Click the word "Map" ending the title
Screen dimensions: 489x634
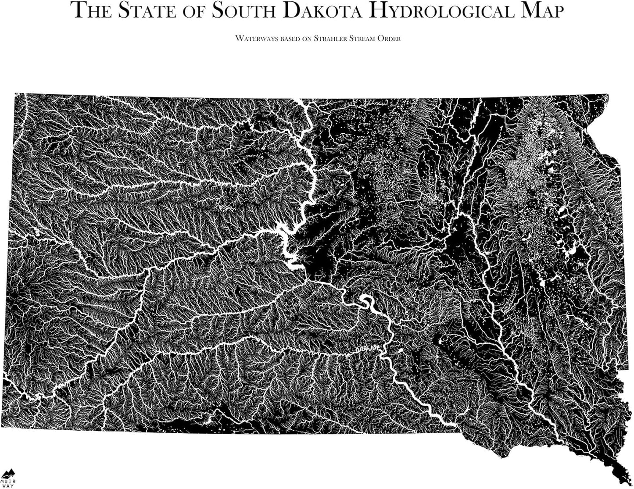point(541,11)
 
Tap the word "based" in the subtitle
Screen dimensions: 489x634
point(283,38)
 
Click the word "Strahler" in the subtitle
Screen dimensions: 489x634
point(331,38)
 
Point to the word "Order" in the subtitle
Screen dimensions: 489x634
point(390,38)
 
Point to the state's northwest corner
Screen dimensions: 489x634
point(15,94)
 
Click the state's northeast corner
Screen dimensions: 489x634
point(608,94)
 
